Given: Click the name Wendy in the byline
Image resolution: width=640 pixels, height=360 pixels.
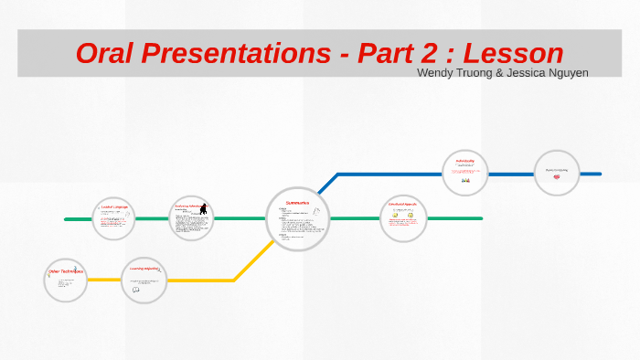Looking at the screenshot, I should pyautogui.click(x=435, y=72).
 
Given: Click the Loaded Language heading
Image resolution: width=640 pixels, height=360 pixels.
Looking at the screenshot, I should pyautogui.click(x=115, y=208).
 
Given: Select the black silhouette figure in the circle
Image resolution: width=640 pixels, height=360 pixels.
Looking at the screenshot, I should pyautogui.click(x=204, y=210).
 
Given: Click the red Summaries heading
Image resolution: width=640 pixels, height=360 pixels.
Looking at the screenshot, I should pyautogui.click(x=297, y=202).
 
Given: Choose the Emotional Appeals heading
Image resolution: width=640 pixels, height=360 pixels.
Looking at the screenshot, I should pyautogui.click(x=403, y=204).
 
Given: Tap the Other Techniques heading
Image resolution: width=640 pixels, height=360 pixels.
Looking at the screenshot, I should pyautogui.click(x=65, y=271).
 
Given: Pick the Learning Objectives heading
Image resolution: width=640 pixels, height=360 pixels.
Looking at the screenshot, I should pyautogui.click(x=145, y=269).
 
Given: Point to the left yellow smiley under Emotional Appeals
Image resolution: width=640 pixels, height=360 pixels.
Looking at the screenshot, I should pyautogui.click(x=395, y=216).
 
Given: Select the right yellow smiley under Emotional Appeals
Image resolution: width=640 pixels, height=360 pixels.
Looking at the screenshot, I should pyautogui.click(x=411, y=216).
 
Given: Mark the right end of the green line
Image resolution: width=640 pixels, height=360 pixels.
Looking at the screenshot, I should pyautogui.click(x=481, y=218).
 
